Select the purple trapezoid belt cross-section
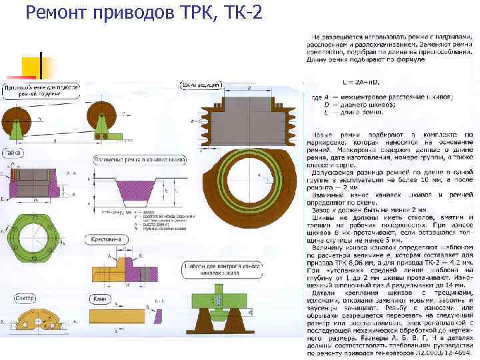(x=132, y=190)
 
